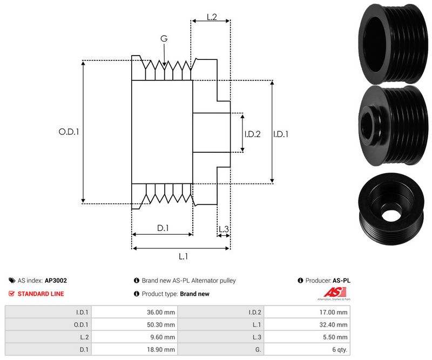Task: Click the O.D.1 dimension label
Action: point(69,131)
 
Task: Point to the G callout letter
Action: point(164,38)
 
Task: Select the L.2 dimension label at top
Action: point(212,17)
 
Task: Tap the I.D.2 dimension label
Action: point(252,134)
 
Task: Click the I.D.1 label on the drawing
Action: point(281,134)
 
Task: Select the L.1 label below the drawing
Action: point(183,256)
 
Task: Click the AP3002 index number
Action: point(56,281)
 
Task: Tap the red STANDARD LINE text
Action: point(40,294)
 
